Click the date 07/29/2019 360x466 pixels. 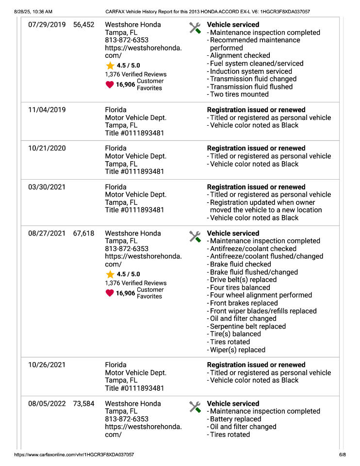point(47,25)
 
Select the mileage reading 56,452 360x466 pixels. point(83,25)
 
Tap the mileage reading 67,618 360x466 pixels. point(83,233)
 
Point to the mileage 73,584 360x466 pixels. point(83,404)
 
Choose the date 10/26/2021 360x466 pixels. point(47,365)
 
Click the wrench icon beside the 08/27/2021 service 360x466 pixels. point(195,236)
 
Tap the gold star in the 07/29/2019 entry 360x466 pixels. point(110,66)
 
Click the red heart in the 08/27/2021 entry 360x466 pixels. point(110,293)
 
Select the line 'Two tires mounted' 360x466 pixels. point(239,95)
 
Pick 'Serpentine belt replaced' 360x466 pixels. point(248,327)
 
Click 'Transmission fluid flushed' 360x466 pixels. point(251,87)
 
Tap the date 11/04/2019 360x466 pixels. point(47,110)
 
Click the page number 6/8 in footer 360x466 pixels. point(342,455)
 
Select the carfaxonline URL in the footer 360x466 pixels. point(74,455)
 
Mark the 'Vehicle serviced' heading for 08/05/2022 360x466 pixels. point(233,404)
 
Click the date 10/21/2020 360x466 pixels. point(47,149)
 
